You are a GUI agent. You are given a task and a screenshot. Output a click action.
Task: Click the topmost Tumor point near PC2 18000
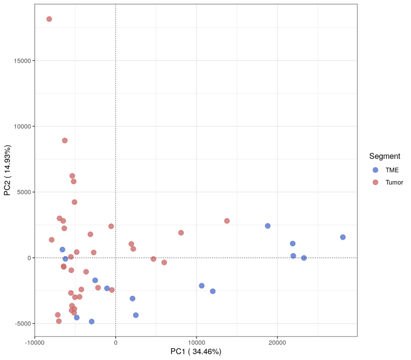(49, 19)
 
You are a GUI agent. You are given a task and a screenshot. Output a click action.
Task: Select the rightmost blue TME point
(343, 237)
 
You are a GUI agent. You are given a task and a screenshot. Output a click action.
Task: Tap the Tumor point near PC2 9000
(65, 140)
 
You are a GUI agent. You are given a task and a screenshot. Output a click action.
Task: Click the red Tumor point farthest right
(227, 221)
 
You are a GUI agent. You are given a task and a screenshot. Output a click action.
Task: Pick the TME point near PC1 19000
(268, 226)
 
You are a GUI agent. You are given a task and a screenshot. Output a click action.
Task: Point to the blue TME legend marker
(375, 170)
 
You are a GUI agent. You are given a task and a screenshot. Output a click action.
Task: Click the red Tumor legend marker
(375, 182)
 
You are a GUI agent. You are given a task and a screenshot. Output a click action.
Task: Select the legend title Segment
(385, 156)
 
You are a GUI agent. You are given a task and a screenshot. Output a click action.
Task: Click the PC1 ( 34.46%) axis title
(196, 352)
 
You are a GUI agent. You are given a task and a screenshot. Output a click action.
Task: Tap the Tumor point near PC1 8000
(181, 232)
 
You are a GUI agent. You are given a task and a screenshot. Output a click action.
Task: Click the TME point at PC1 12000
(212, 291)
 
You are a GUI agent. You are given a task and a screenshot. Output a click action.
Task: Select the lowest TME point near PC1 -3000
(92, 321)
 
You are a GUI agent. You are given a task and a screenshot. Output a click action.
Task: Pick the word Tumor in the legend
(394, 182)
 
